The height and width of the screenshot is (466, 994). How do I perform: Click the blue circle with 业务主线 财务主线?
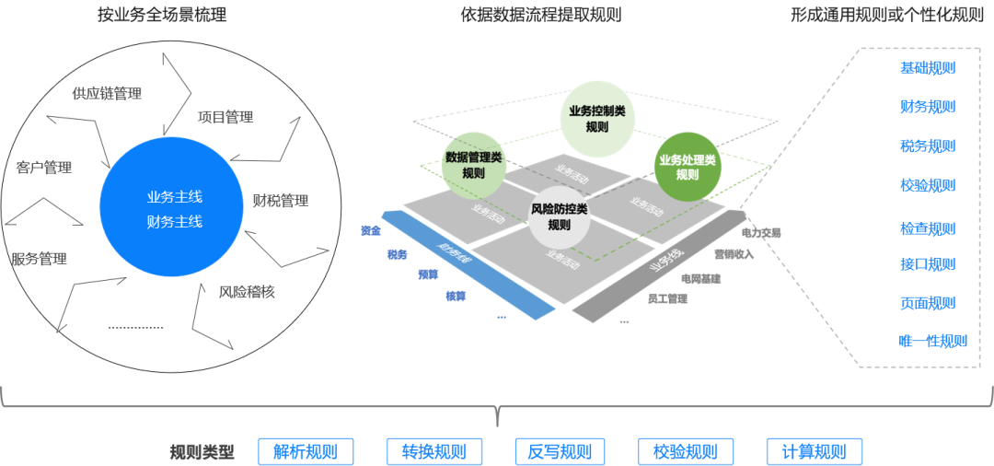point(174,208)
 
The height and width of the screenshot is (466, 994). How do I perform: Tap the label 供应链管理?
point(107,93)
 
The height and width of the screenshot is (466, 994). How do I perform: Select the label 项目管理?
point(225,117)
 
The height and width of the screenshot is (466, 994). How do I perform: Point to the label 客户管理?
point(44,168)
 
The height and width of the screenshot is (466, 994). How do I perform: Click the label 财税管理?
point(281,200)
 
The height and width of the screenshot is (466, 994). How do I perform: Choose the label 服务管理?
point(40,259)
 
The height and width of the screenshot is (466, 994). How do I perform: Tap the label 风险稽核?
point(247,292)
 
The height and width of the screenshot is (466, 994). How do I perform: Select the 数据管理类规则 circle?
point(473,165)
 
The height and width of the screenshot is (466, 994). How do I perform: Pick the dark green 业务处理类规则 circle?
point(687,167)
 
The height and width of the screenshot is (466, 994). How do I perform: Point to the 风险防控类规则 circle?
point(558,216)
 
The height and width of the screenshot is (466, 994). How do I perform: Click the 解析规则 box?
point(305,452)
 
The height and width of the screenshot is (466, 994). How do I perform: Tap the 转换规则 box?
point(433,452)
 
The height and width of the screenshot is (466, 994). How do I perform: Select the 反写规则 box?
point(560,452)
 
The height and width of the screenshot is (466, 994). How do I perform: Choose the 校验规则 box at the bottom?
point(685,452)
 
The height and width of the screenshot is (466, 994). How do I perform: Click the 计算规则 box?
point(814,452)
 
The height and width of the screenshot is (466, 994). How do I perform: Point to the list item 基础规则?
point(927,68)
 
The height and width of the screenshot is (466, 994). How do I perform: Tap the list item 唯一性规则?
point(932,341)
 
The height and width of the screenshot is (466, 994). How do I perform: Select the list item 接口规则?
point(927,265)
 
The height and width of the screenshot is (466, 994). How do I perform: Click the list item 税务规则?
point(927,146)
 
